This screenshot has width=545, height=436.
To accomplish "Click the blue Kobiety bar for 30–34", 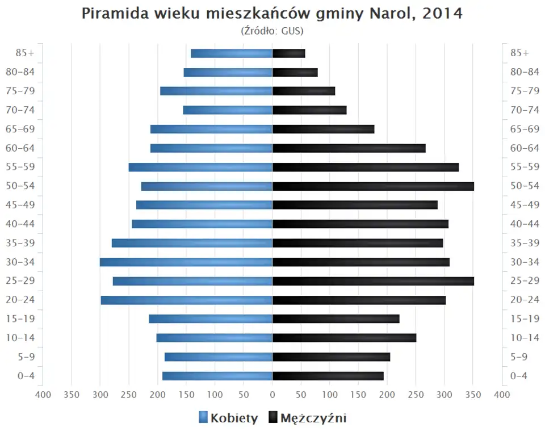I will click(x=186, y=262).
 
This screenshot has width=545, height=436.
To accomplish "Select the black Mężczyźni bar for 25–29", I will click(x=373, y=281).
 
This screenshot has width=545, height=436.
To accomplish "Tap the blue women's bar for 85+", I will click(x=232, y=53).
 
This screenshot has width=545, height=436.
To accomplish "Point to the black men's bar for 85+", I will click(x=288, y=53).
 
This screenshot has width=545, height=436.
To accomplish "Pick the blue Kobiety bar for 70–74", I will click(x=228, y=110).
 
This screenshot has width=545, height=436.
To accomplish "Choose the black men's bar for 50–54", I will click(x=373, y=186).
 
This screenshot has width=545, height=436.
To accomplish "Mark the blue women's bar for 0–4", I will click(x=217, y=376).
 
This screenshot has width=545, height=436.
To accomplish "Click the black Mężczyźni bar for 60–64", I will click(x=349, y=148).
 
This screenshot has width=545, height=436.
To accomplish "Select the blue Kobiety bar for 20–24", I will click(x=187, y=300).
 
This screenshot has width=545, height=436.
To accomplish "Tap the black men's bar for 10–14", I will click(x=344, y=338).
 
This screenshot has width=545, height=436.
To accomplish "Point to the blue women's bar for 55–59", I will click(x=200, y=167).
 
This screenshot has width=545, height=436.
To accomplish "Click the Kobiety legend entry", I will click(x=228, y=418).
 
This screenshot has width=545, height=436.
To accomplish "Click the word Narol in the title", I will click(x=389, y=14).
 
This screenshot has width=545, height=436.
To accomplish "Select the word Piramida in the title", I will click(x=116, y=14).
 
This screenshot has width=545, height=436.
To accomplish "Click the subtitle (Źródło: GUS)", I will click(x=272, y=30).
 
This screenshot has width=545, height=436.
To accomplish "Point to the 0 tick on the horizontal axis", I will click(x=272, y=395).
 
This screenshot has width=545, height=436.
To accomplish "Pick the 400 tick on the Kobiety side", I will click(x=43, y=395).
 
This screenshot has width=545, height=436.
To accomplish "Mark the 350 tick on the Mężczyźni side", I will click(x=473, y=395).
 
